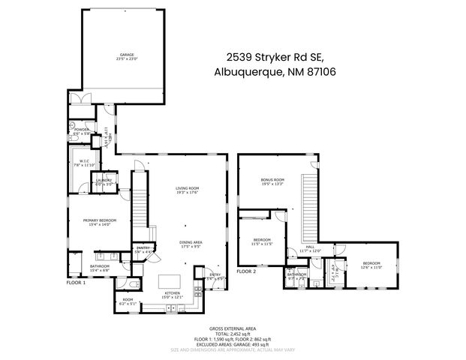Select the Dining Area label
click(191, 243)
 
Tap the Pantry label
click(143, 249)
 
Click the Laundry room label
click(102, 181)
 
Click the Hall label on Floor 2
click(310, 247)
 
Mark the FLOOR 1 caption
click(77, 283)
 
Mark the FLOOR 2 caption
click(247, 271)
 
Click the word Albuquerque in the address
click(244, 72)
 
